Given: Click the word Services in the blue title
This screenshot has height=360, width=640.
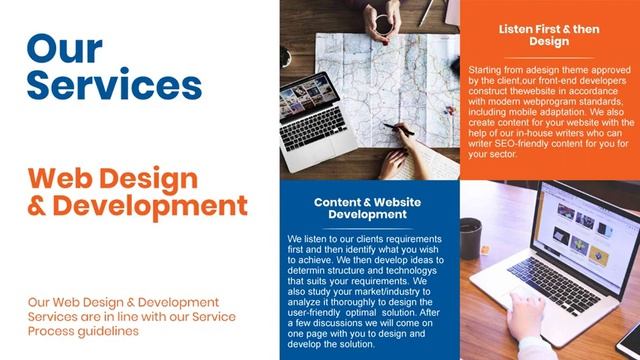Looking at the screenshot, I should [107, 85].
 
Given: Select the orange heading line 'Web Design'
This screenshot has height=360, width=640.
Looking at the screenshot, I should [113, 179].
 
